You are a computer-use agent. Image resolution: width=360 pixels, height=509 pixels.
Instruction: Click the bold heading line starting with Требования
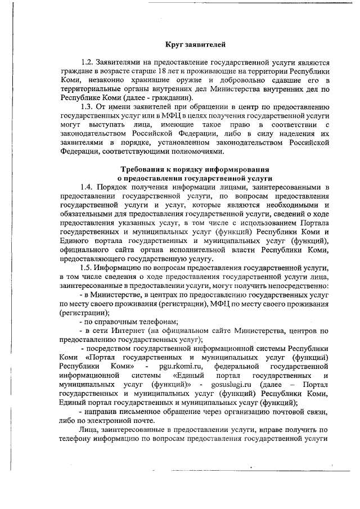pos(195,169)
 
